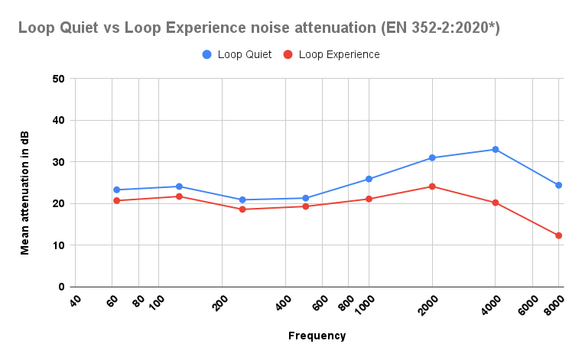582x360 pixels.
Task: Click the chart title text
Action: click(259, 28)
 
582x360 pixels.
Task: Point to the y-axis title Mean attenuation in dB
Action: click(25, 182)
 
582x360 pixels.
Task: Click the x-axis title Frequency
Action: click(317, 336)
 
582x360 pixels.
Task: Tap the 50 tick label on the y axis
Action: click(59, 79)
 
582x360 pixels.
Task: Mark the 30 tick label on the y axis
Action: click(59, 162)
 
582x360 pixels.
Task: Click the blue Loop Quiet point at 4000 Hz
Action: click(496, 149)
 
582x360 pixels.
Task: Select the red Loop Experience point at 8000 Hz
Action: click(559, 235)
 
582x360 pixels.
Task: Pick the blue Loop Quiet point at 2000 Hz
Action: click(432, 157)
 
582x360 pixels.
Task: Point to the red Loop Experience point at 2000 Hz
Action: click(432, 186)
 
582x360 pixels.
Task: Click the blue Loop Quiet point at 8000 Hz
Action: click(559, 185)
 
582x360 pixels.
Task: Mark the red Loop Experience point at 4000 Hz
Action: click(496, 203)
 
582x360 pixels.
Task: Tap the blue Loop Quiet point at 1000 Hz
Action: click(369, 179)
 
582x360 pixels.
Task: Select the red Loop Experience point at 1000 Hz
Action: click(369, 199)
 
